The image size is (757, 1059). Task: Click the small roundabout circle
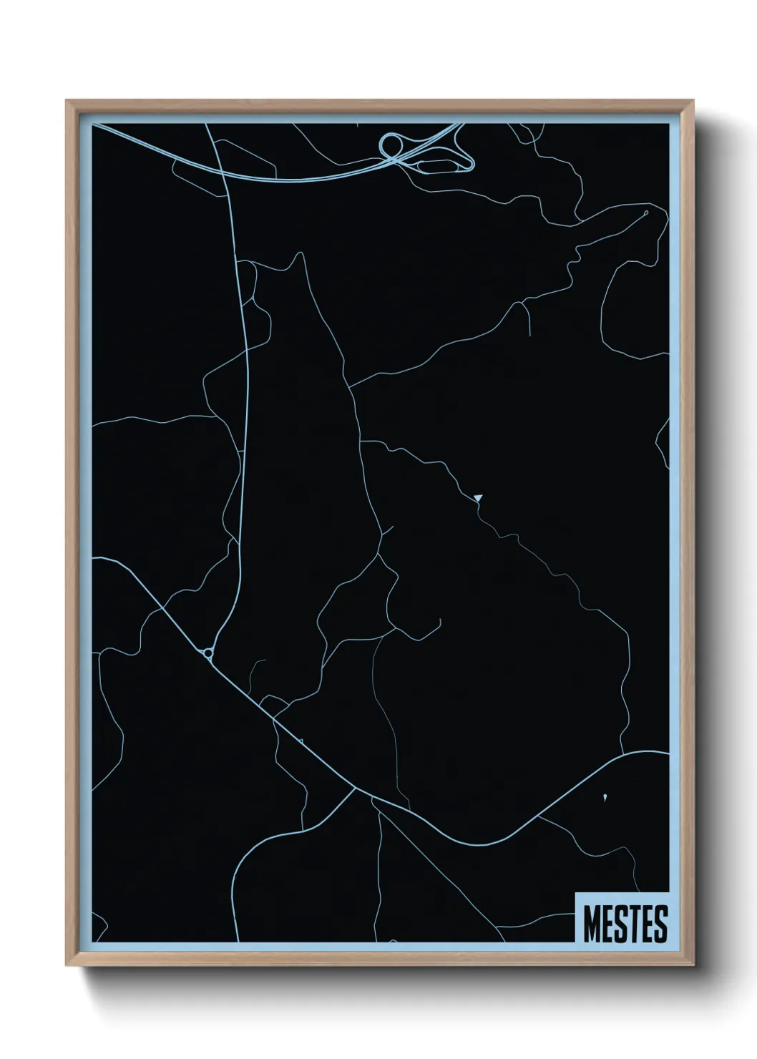pyautogui.click(x=207, y=653)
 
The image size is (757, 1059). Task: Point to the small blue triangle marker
pyautogui.click(x=478, y=497)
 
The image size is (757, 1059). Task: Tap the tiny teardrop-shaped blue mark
pyautogui.click(x=605, y=795)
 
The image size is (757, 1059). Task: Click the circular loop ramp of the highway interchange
pyautogui.click(x=390, y=145)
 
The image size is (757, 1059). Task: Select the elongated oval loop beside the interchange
pyautogui.click(x=444, y=165)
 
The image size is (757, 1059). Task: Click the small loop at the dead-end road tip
pyautogui.click(x=645, y=213)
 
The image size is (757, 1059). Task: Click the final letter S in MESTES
pyautogui.click(x=660, y=924)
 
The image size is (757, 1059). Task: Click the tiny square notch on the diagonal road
pyautogui.click(x=302, y=741)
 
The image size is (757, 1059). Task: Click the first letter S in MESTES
pyautogui.click(x=620, y=924)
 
